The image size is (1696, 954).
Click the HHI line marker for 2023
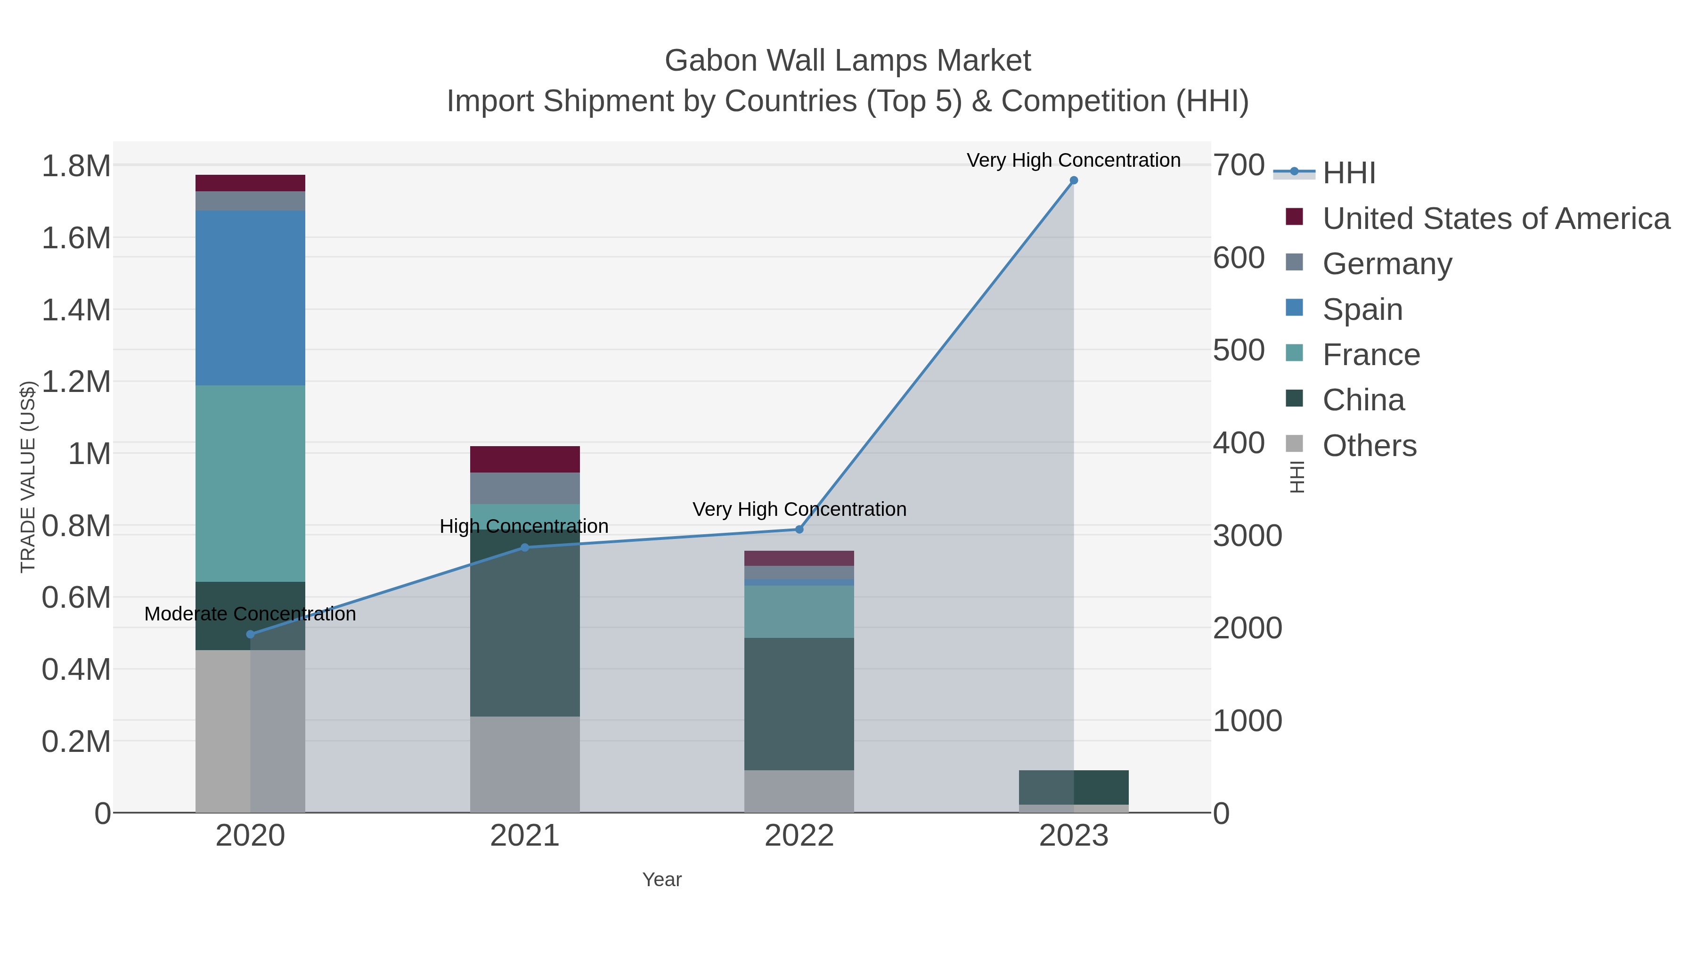coord(1074,180)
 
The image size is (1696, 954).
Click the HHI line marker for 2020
coord(250,635)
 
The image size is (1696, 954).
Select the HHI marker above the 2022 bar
coord(799,530)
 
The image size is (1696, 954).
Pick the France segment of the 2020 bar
coord(250,483)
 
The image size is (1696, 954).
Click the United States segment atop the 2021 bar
coord(525,459)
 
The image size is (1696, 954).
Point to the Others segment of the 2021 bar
coord(525,764)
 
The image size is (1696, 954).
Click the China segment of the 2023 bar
coord(1074,787)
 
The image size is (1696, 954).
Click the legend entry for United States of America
coord(1495,219)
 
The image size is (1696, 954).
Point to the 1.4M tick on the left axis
coord(76,310)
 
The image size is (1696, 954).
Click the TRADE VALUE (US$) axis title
coord(28,477)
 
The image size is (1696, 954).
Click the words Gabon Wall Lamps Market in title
coord(848,61)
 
